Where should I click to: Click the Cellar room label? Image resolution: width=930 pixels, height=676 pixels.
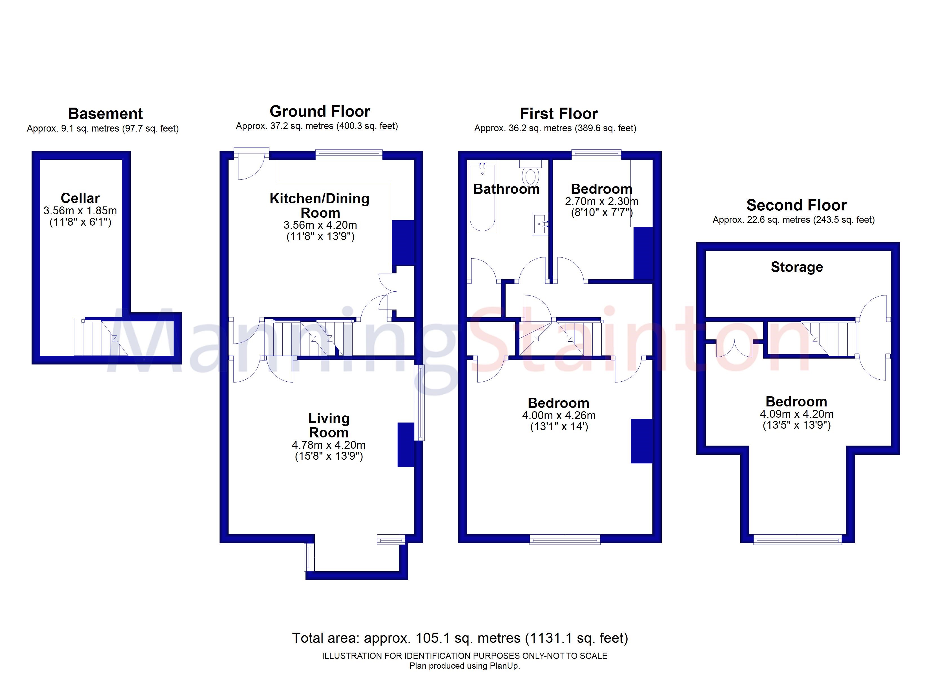point(80,198)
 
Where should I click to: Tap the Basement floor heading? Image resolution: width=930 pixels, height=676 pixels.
point(105,114)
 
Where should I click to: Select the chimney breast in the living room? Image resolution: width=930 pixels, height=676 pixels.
point(406,445)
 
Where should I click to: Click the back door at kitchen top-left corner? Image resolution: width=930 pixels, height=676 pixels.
point(251,166)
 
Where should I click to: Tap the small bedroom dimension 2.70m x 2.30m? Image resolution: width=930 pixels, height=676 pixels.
point(601,201)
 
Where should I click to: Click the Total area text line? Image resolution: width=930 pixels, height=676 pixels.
point(460,638)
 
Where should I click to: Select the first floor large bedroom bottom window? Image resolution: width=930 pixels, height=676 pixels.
point(565,540)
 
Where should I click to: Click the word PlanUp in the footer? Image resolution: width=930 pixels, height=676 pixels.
point(506,666)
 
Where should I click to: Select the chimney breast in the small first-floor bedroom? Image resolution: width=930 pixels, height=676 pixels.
point(643,253)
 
